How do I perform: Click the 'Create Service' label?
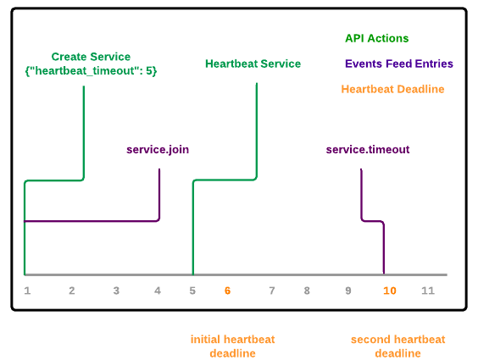[x=91, y=57]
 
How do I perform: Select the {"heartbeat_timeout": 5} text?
[x=91, y=71]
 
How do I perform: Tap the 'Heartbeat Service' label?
[x=253, y=64]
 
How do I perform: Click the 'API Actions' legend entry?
[x=377, y=38]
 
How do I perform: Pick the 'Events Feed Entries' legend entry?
[x=399, y=64]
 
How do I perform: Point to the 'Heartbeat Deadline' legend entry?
[x=392, y=89]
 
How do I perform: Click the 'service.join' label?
[x=158, y=150]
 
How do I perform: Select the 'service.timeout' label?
[x=368, y=150]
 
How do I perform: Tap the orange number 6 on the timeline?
[x=227, y=291]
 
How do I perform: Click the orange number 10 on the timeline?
[x=390, y=291]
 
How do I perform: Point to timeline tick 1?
[x=27, y=291]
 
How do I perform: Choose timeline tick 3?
[x=116, y=291]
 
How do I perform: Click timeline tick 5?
[x=192, y=291]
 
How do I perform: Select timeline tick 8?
[x=307, y=291]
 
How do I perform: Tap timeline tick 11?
[x=428, y=291]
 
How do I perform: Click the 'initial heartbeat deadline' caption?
[x=232, y=346]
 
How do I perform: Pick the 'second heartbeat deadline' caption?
[x=397, y=346]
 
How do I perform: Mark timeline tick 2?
[x=72, y=291]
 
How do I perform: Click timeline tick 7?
[x=272, y=291]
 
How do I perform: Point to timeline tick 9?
[x=348, y=291]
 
